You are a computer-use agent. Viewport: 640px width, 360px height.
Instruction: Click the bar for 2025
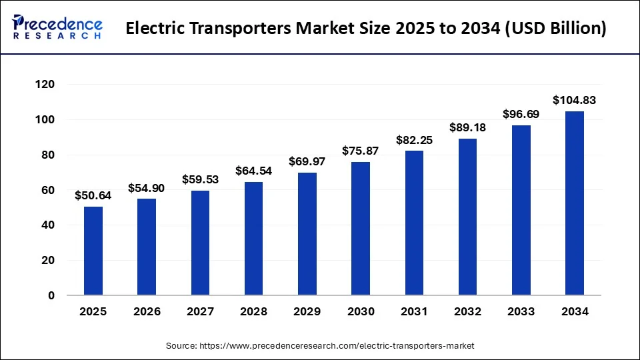[x=93, y=251]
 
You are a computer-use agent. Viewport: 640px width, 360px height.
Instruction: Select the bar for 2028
[x=253, y=238]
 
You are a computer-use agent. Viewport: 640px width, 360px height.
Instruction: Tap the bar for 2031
[x=414, y=223]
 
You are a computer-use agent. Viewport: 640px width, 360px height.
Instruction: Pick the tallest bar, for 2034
[x=574, y=203]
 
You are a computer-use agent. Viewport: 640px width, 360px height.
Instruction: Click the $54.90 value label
[x=147, y=188]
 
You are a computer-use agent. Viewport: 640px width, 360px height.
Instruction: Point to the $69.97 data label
[x=307, y=162]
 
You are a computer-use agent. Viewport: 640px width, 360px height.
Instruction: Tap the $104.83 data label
[x=574, y=101]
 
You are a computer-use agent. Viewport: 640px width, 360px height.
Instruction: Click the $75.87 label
[x=360, y=151]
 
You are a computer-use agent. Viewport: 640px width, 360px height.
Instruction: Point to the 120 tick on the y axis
[x=46, y=85]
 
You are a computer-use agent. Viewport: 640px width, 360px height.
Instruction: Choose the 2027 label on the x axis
[x=200, y=311]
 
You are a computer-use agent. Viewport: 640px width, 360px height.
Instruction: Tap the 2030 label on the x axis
[x=360, y=311]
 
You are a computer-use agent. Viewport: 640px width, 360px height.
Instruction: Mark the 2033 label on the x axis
[x=521, y=311]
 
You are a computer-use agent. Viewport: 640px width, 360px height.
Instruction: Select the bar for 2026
[x=147, y=247]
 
